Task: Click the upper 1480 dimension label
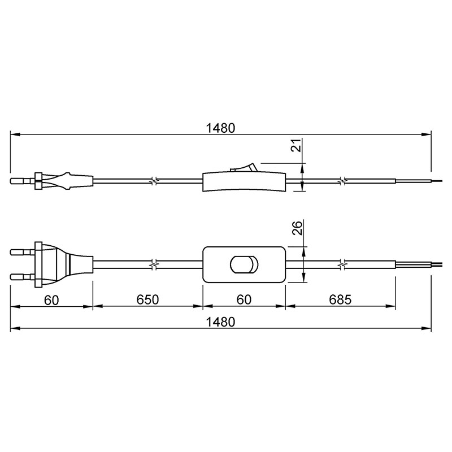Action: [x=220, y=128]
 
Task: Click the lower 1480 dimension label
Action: [x=220, y=322]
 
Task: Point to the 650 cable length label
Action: [x=147, y=300]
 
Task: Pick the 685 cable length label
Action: [x=340, y=300]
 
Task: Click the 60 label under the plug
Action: [x=51, y=300]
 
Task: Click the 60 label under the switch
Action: [x=244, y=300]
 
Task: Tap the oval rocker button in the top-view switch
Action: [x=244, y=264]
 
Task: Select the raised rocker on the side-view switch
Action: [x=243, y=167]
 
